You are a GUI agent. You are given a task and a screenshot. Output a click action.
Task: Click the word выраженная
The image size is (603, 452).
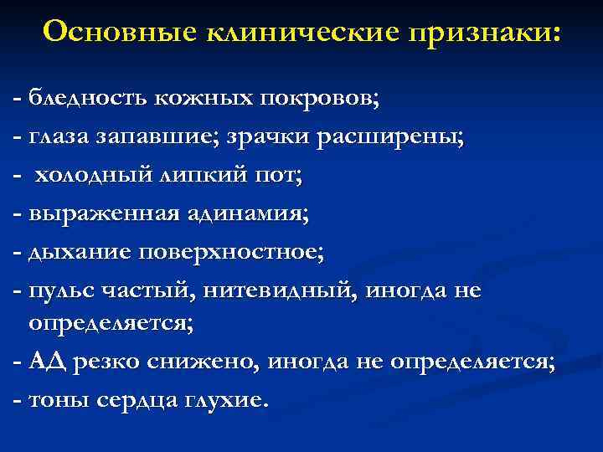(x=95, y=213)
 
